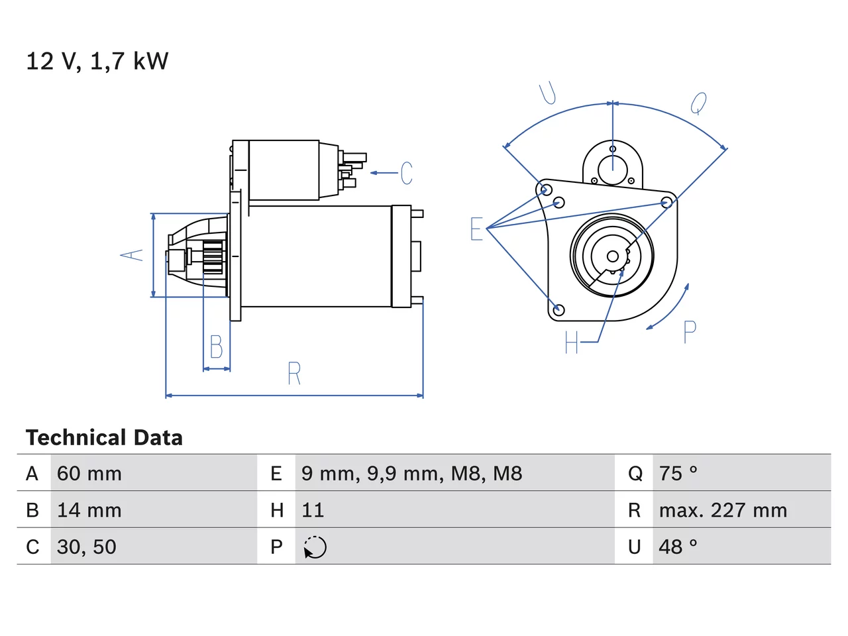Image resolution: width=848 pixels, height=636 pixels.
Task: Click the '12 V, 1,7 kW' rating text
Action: click(97, 61)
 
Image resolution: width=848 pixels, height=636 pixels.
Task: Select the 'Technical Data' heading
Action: click(104, 437)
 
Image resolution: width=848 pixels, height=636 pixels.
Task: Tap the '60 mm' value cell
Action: click(89, 474)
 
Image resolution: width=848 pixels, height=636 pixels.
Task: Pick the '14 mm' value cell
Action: click(89, 510)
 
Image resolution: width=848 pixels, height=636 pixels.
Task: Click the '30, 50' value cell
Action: click(87, 547)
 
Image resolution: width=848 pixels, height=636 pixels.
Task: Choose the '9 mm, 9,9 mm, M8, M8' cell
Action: click(411, 474)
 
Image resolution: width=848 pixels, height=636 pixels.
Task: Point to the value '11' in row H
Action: click(313, 510)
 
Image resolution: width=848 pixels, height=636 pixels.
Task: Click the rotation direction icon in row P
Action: click(315, 547)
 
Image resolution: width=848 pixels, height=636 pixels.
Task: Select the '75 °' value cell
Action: click(678, 473)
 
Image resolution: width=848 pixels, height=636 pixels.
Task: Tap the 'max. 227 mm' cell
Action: click(723, 510)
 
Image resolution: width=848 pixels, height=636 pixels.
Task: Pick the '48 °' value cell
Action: click(678, 547)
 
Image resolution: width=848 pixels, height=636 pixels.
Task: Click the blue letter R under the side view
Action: click(294, 374)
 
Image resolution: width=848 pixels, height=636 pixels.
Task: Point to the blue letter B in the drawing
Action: click(217, 346)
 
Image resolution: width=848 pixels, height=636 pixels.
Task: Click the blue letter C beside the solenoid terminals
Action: click(406, 173)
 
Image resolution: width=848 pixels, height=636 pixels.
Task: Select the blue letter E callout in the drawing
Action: click(476, 229)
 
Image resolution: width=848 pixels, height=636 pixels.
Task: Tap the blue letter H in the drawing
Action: click(571, 342)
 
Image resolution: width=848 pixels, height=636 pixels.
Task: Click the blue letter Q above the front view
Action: click(698, 103)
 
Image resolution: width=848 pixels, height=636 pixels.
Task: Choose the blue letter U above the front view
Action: click(547, 93)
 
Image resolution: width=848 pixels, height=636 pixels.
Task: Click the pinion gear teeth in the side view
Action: click(213, 257)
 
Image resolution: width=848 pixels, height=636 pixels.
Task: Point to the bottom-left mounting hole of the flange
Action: click(558, 309)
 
